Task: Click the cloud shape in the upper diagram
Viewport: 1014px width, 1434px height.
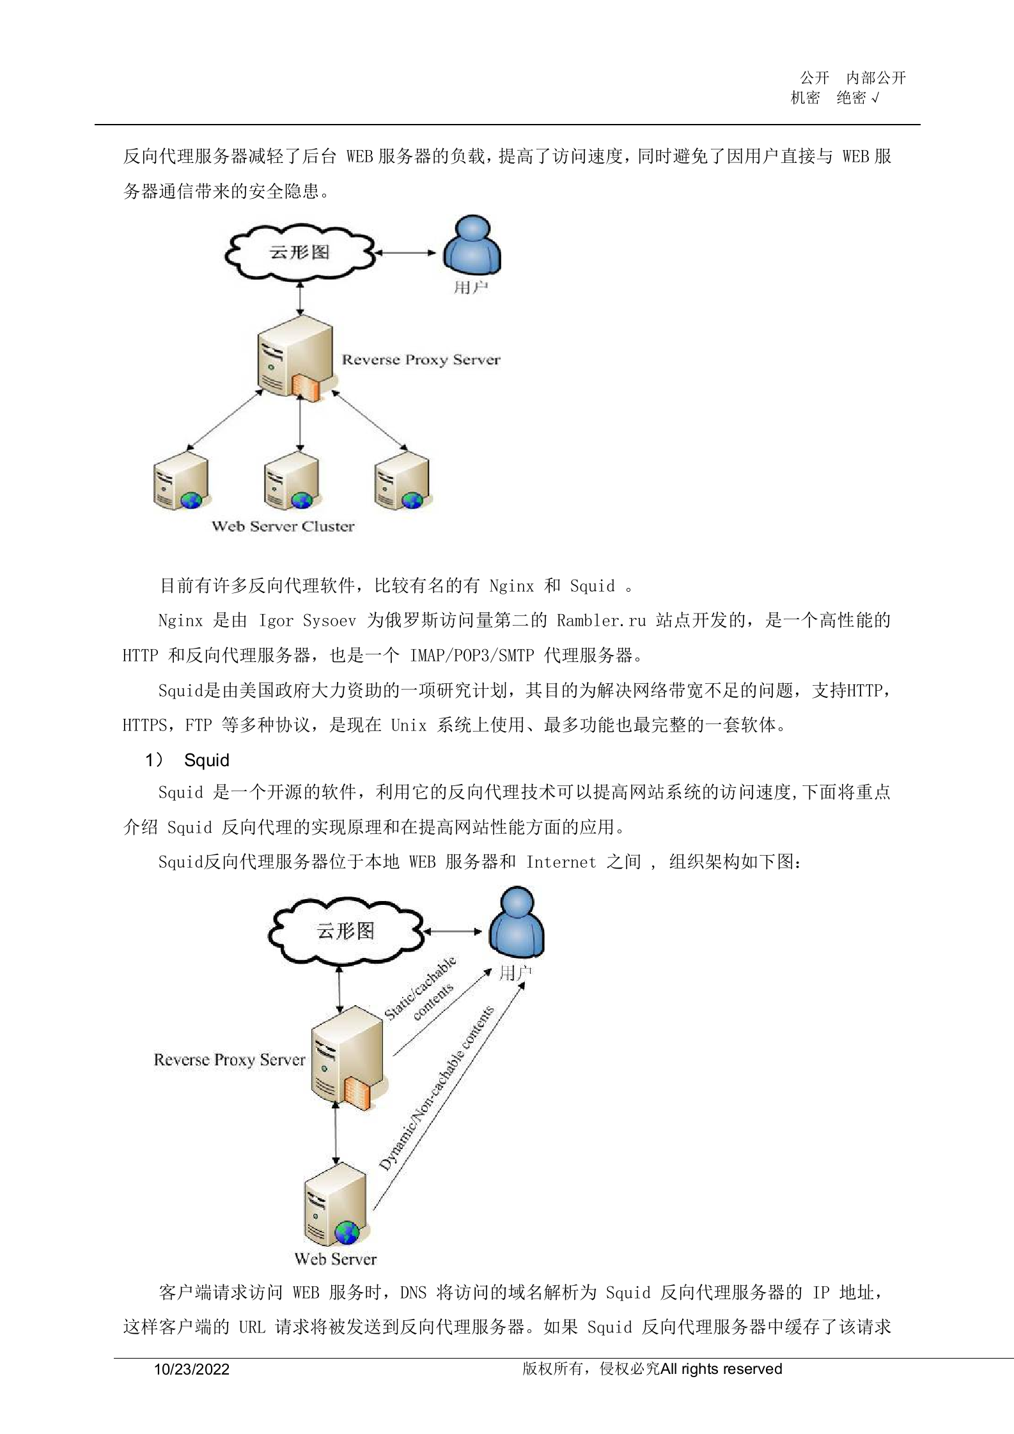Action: click(x=299, y=252)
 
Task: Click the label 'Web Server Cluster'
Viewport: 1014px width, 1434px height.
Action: click(x=283, y=527)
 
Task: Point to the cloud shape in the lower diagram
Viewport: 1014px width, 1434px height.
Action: click(x=345, y=931)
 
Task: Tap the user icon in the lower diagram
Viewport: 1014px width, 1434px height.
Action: click(x=517, y=921)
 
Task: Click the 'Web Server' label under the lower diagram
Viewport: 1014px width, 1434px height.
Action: click(x=336, y=1259)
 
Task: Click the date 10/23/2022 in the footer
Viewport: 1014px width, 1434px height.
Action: click(x=192, y=1369)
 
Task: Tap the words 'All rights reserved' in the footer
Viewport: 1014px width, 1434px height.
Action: click(x=722, y=1369)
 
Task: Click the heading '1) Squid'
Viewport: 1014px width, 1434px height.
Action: click(x=187, y=760)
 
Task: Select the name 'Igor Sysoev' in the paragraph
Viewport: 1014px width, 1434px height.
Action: click(x=307, y=621)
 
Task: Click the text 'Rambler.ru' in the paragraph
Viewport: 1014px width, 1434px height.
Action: click(x=601, y=621)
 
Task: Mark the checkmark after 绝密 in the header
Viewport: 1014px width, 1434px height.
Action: click(x=875, y=98)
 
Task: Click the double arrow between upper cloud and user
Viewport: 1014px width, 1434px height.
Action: click(x=405, y=252)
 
